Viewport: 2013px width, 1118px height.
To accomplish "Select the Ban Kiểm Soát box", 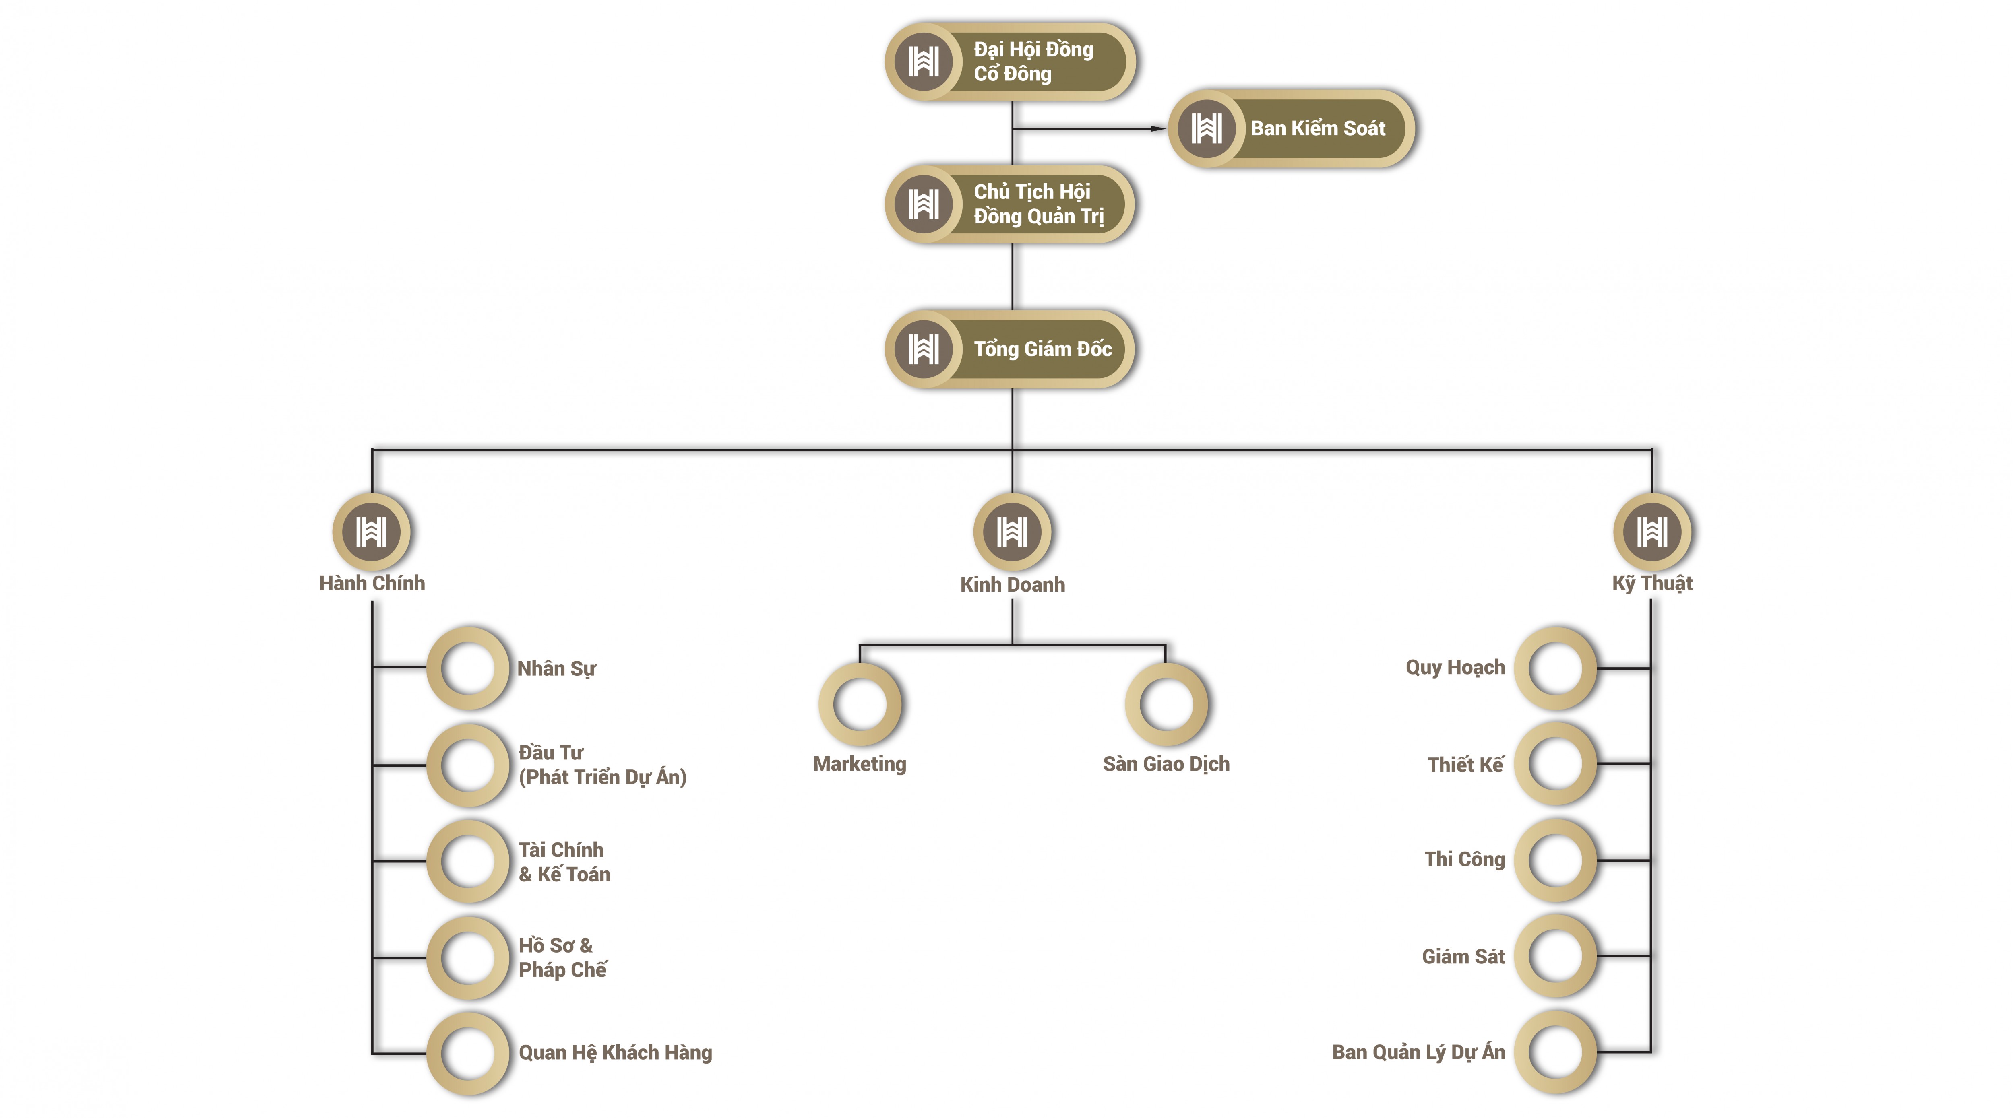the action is pos(1291,128).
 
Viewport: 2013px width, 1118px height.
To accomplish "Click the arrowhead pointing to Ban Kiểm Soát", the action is pos(1158,128).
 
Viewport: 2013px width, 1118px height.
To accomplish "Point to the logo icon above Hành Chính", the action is pos(372,532).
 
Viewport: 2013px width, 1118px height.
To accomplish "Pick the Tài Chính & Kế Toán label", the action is pos(564,862).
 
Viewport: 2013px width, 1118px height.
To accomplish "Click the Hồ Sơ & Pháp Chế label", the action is pos(563,958).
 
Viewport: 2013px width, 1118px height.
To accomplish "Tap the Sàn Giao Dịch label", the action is pos(1166,764).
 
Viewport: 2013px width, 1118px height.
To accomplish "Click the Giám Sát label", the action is pos(1463,956).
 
